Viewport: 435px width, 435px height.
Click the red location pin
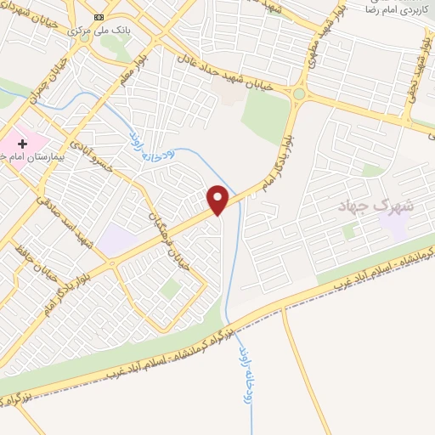pyautogui.click(x=218, y=199)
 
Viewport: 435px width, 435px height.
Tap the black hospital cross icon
pyautogui.click(x=22, y=145)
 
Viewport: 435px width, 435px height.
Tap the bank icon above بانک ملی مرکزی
pyautogui.click(x=98, y=16)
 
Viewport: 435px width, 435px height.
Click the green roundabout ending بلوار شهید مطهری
pyautogui.click(x=299, y=93)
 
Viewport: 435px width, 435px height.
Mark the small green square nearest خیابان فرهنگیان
pyautogui.click(x=171, y=289)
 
